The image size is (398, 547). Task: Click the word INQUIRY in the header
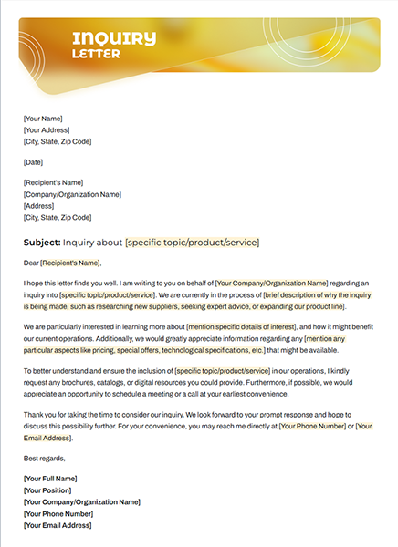114,37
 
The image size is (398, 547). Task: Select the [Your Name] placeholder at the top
43,118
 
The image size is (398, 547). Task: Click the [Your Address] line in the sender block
47,129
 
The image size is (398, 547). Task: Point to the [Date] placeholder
34,162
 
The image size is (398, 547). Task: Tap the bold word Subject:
42,242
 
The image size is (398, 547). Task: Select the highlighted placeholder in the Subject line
192,242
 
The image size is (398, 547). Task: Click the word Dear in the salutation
32,263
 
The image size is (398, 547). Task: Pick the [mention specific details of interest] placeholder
239,325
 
